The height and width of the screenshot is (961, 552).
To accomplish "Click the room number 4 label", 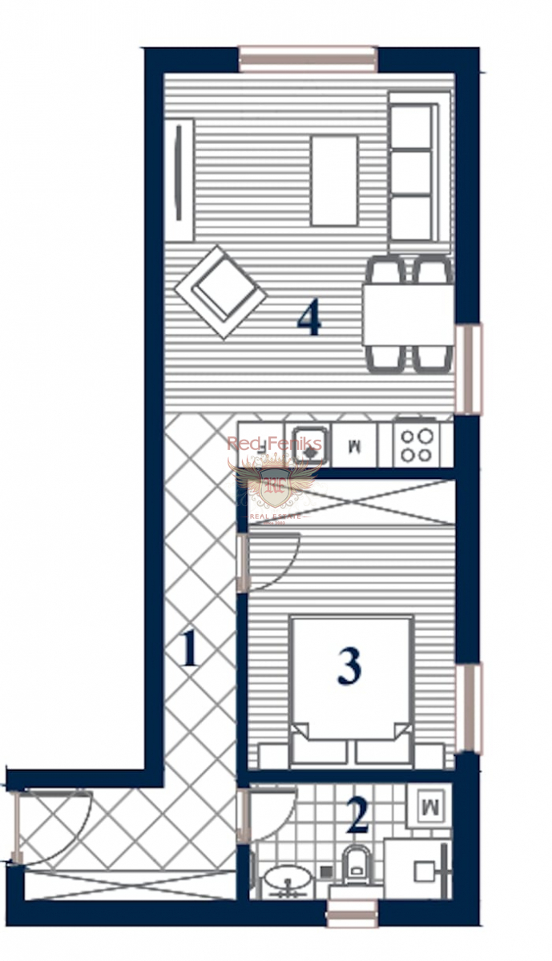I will tap(309, 319).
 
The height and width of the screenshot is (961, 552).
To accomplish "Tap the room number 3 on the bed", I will tap(349, 665).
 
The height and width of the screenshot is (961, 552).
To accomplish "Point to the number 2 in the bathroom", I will tap(357, 814).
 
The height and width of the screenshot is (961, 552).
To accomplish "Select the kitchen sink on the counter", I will tap(306, 444).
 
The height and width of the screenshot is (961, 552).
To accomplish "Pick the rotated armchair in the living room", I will tap(220, 292).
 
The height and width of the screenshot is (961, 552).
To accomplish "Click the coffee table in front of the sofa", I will tap(334, 180).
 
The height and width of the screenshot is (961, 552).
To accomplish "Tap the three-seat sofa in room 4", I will tap(419, 171).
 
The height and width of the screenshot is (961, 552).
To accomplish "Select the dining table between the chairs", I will tap(409, 314).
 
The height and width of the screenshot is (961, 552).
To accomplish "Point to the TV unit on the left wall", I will tap(183, 180).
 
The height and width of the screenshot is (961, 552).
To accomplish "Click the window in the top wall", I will tap(308, 59).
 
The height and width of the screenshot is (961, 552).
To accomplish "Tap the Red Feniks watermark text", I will tap(274, 444).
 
